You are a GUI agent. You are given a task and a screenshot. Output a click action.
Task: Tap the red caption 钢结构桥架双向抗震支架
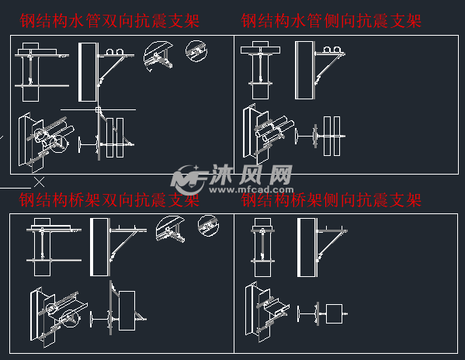pos(109,201)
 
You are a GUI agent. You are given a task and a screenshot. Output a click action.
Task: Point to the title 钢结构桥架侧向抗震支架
pos(331,201)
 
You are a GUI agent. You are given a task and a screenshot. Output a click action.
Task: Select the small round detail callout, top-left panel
pos(196,51)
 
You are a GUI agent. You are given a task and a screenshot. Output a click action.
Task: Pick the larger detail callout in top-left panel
pos(158,56)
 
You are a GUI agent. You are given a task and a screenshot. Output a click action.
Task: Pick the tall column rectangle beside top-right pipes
pos(304,72)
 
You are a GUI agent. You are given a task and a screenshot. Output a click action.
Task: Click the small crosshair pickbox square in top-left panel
pos(99,111)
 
